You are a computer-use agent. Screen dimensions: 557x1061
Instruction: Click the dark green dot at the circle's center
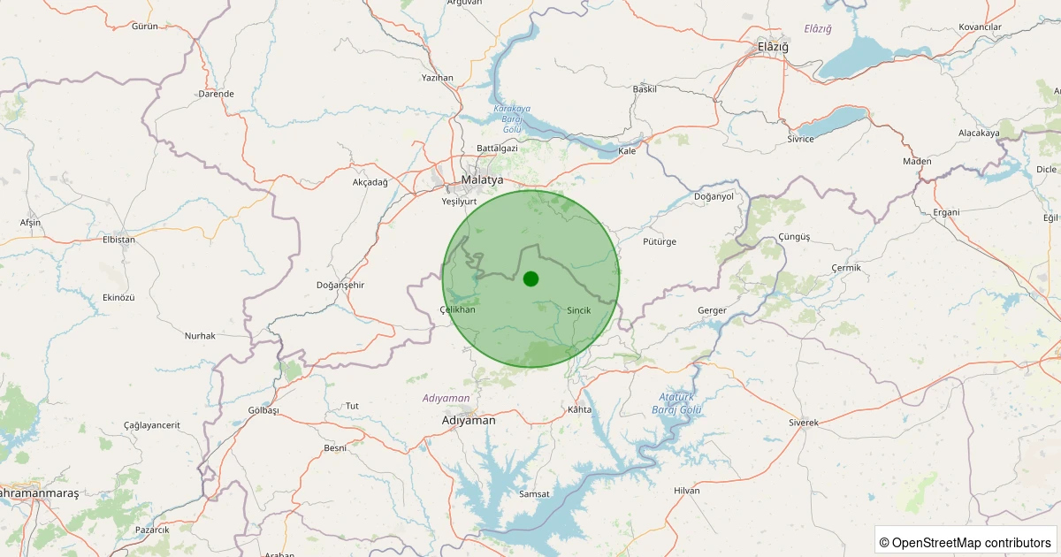click(530, 278)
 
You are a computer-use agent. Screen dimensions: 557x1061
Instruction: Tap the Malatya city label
click(482, 180)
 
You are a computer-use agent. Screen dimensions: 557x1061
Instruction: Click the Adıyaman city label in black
click(469, 421)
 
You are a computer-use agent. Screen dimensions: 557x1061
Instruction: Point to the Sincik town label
click(578, 310)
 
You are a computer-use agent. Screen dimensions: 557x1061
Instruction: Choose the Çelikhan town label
click(457, 309)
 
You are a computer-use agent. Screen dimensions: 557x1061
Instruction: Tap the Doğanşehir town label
click(340, 285)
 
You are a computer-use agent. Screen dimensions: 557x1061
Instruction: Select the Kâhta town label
click(579, 410)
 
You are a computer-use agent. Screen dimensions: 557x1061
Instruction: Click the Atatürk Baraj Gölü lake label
click(676, 403)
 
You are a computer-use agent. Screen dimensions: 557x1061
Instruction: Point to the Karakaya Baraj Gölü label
click(512, 118)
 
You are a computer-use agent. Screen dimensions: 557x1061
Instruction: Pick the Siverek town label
click(804, 423)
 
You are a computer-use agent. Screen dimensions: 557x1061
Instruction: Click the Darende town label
click(217, 94)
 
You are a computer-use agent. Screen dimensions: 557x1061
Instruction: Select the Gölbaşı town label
click(263, 410)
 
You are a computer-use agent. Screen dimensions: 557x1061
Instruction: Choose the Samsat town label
click(535, 493)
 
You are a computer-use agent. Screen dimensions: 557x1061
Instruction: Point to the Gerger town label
click(712, 310)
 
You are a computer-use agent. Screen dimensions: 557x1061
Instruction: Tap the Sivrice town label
click(800, 140)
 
